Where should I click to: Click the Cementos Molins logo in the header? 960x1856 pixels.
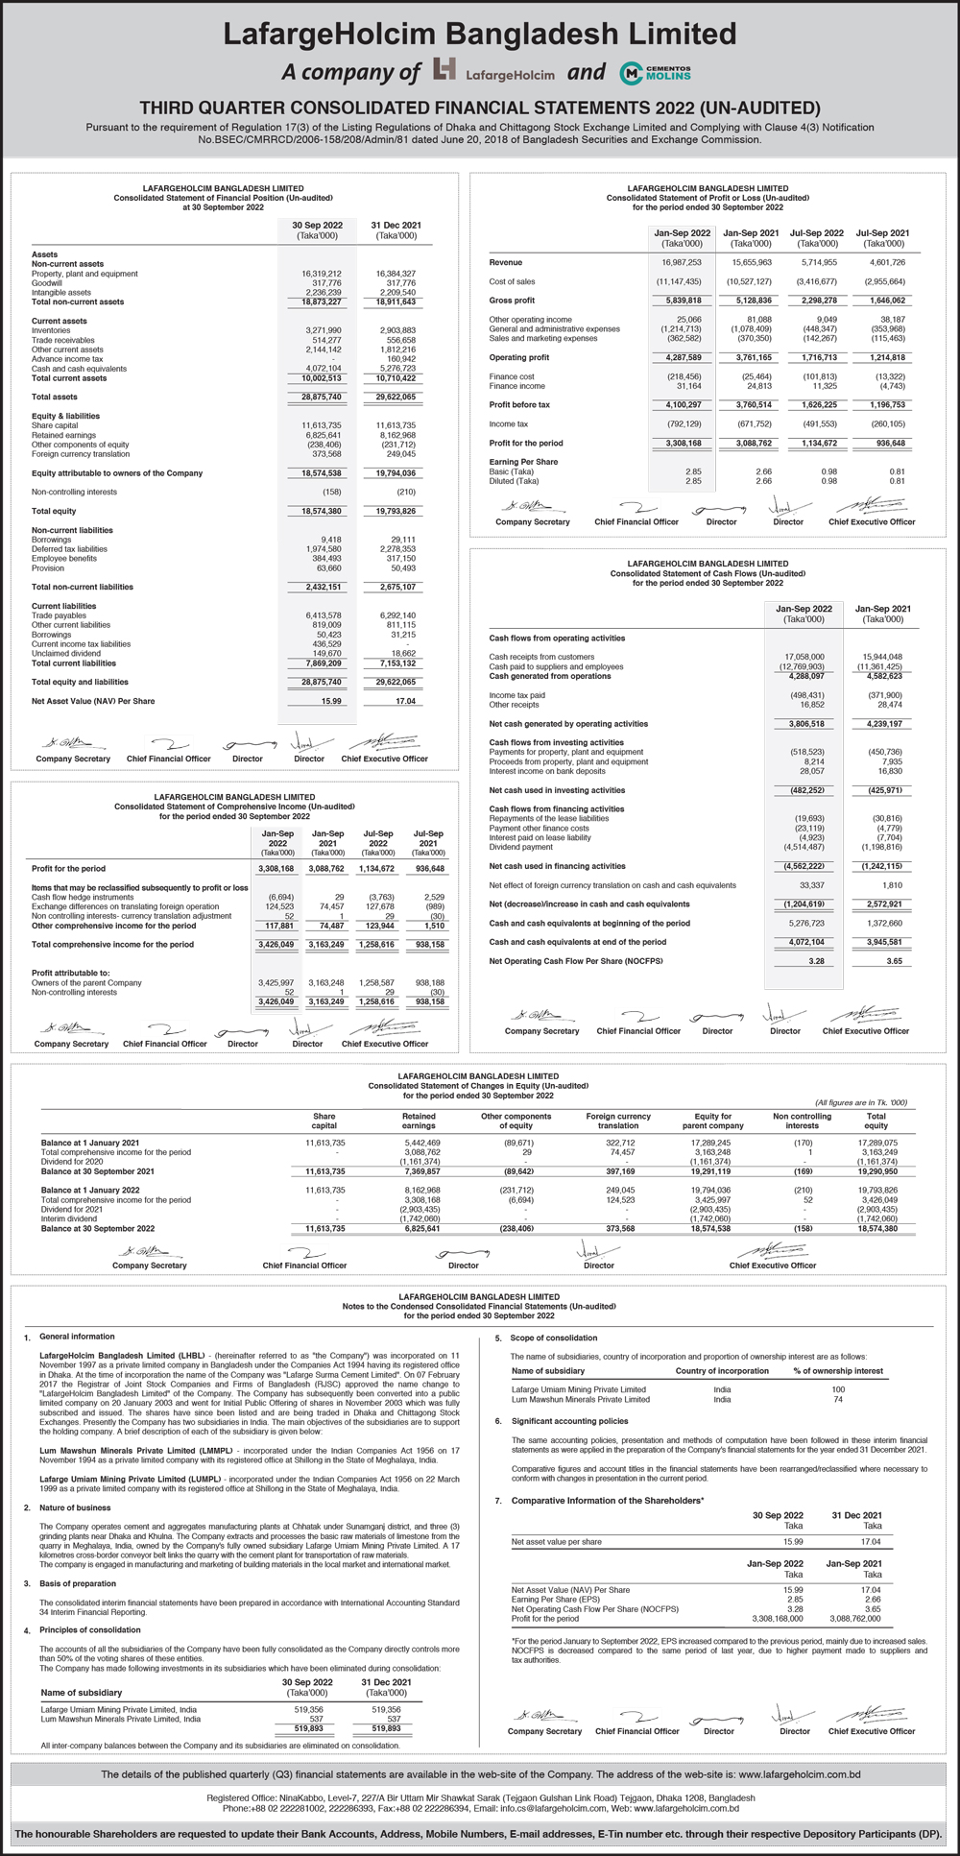(656, 73)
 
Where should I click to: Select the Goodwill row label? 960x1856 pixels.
(48, 283)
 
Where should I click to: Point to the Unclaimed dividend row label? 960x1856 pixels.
(65, 653)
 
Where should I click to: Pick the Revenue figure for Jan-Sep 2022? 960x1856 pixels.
(681, 262)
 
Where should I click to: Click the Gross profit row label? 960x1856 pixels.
(512, 301)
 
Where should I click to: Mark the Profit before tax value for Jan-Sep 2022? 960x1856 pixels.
(681, 404)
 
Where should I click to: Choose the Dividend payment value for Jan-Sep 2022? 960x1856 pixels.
(804, 847)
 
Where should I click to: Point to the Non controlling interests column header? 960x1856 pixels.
(802, 1121)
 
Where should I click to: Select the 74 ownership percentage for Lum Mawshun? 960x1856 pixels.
(838, 1399)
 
